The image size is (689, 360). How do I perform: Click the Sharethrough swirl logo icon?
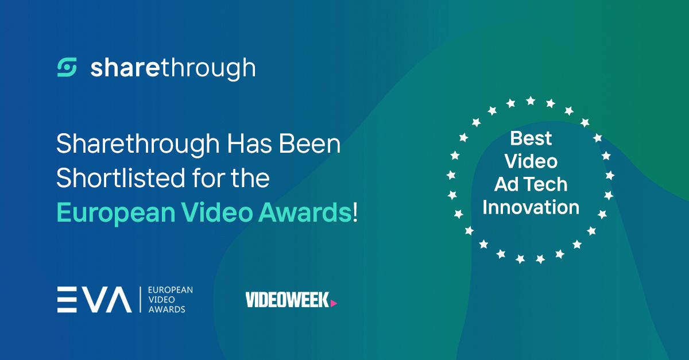(x=67, y=67)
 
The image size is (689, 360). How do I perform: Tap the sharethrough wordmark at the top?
(x=173, y=68)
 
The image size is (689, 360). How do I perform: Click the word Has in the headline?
(x=249, y=144)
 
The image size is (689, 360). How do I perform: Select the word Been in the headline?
(x=309, y=144)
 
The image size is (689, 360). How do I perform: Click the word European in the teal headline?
(x=116, y=214)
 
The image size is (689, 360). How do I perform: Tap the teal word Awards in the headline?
(x=305, y=212)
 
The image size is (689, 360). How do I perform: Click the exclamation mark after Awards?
(x=355, y=212)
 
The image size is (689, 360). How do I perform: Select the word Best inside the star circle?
(x=531, y=138)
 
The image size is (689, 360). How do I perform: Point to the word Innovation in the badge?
(x=531, y=207)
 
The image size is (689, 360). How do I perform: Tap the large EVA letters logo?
(x=94, y=299)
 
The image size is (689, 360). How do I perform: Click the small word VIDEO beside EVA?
(x=161, y=299)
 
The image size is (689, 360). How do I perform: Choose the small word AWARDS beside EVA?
(x=167, y=309)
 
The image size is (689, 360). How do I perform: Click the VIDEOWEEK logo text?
(x=287, y=300)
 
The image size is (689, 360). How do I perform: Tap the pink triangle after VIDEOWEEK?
(x=334, y=303)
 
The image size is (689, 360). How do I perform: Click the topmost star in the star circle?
(x=531, y=100)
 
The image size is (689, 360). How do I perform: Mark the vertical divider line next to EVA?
(x=141, y=299)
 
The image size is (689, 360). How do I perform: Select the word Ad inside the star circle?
(x=507, y=184)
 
